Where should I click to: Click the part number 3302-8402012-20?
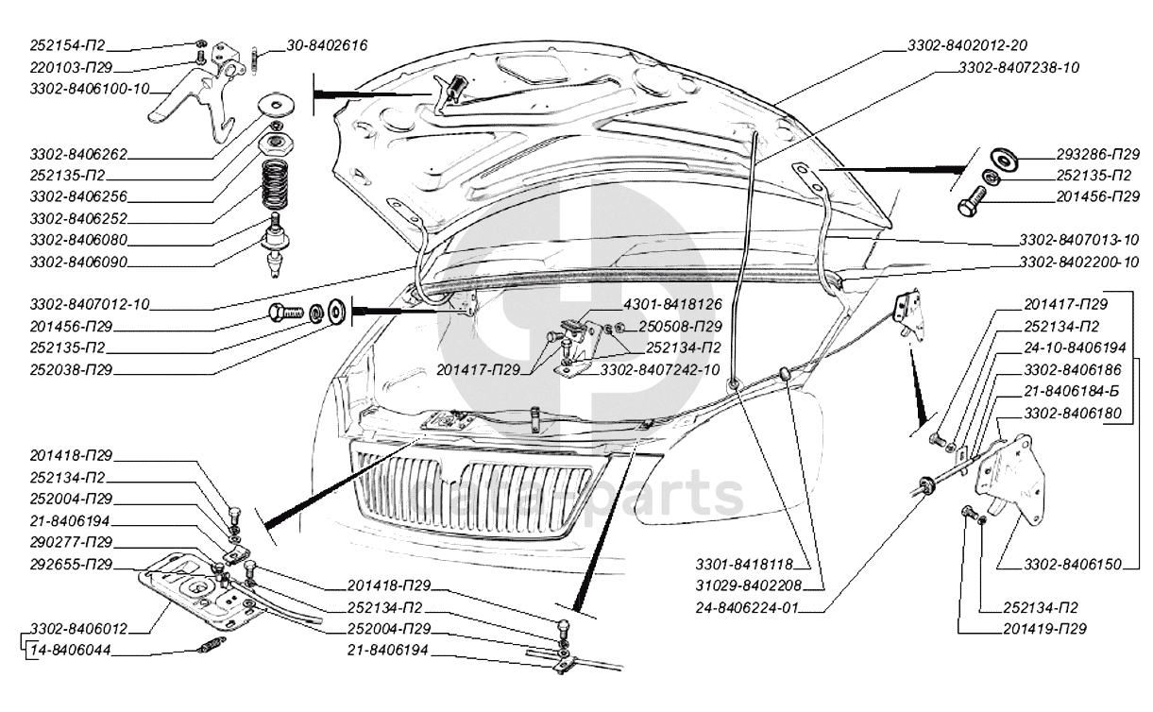967,44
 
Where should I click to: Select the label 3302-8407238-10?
1019,68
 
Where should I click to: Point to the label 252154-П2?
68,44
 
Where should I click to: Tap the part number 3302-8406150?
1073,565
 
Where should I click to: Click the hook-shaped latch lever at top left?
189,99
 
